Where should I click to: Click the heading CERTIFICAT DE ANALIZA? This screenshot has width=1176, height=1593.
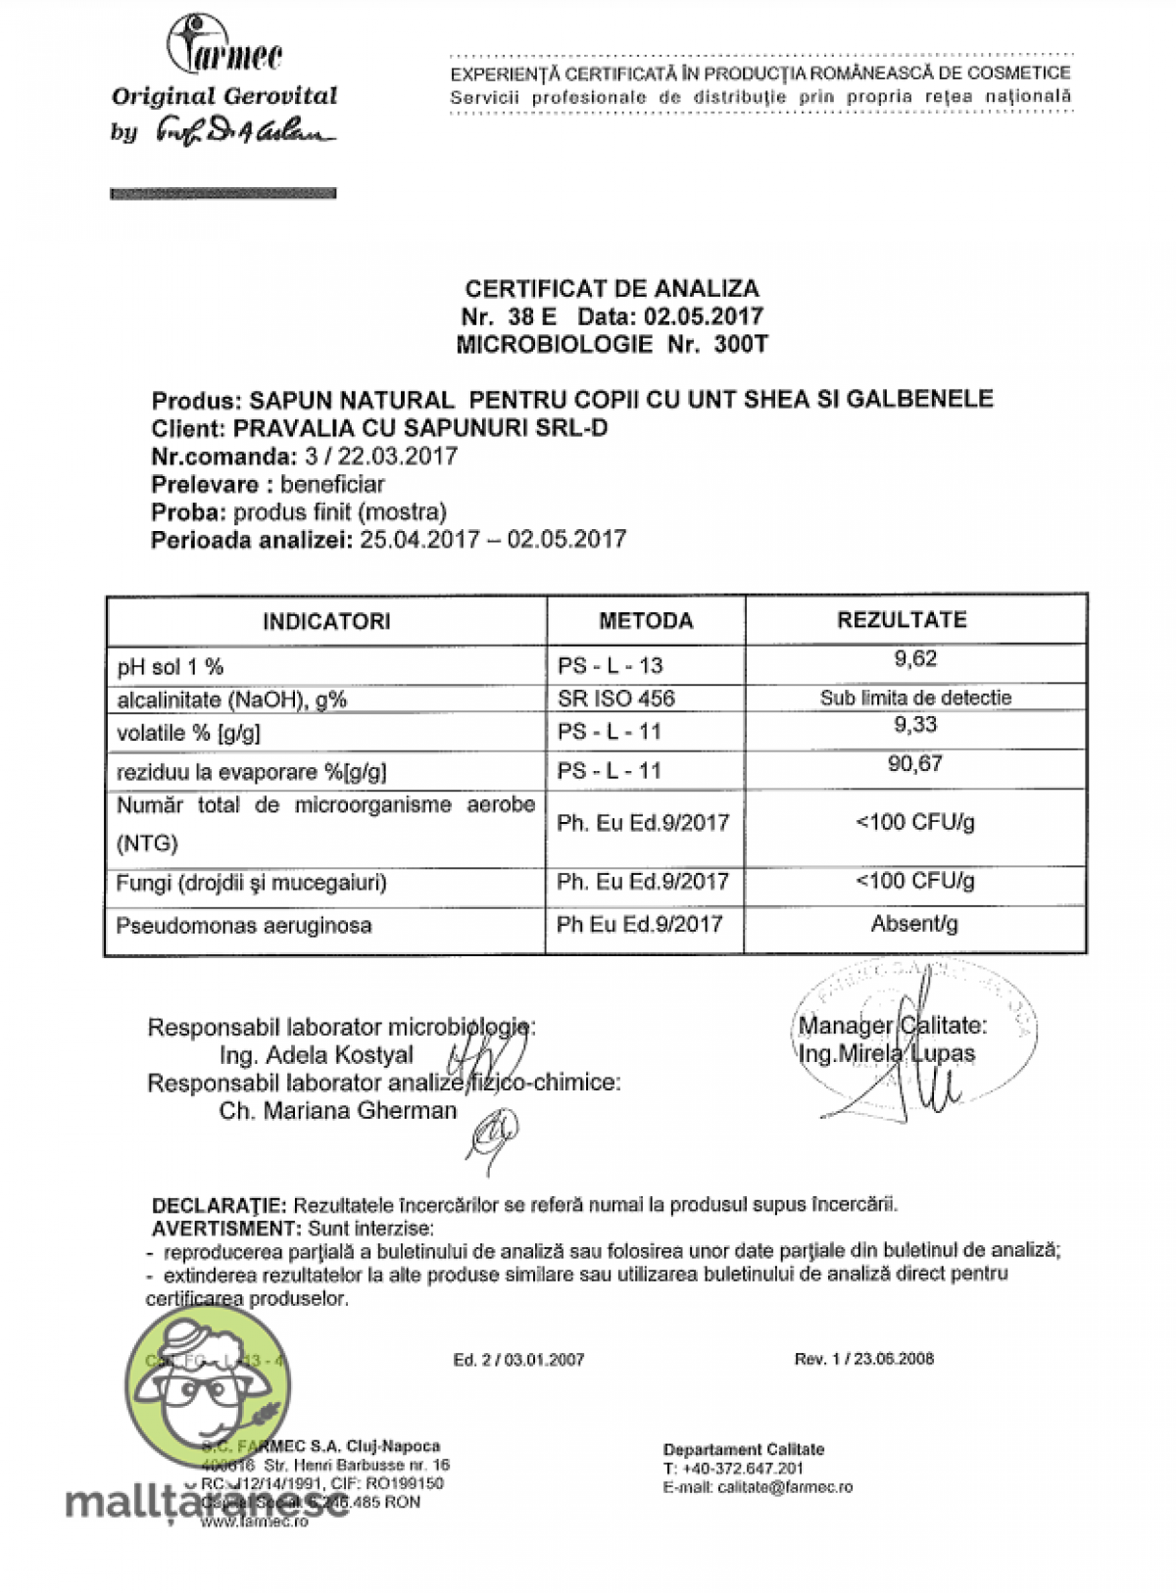pos(612,288)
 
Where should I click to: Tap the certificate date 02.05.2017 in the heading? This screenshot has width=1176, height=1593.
pos(703,316)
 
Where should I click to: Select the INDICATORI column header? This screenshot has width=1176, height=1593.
pos(326,621)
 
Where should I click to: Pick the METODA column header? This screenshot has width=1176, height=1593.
pos(646,621)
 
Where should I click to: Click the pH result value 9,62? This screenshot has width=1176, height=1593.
pos(915,658)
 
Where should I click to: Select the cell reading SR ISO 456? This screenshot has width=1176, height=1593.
pos(616,699)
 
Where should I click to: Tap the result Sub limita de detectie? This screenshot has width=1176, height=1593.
pos(915,698)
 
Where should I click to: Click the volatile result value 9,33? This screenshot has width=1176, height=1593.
pos(915,725)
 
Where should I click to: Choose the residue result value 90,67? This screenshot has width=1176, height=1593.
pos(915,763)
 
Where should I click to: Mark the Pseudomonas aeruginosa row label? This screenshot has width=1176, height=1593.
pos(244,926)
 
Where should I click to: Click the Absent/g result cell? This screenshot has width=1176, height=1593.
pos(914,924)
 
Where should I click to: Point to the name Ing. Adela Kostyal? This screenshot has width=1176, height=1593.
pos(317,1055)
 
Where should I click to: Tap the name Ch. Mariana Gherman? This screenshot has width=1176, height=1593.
pos(338,1111)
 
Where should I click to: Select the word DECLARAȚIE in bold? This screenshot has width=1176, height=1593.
pos(219,1205)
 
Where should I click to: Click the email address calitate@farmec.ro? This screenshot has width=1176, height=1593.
pos(785,1487)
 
